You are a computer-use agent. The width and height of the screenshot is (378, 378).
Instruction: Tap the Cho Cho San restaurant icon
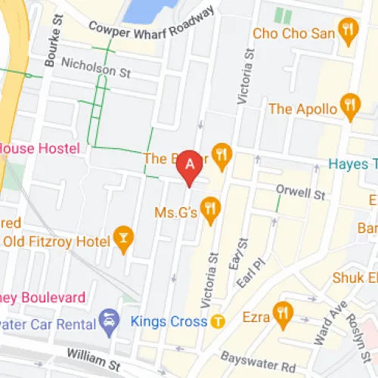point(349,33)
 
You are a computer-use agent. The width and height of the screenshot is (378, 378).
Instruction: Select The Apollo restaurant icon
point(349,107)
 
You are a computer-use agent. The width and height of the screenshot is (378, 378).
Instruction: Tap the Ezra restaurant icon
point(283,311)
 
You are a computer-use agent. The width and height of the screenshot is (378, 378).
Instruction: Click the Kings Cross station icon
point(218,321)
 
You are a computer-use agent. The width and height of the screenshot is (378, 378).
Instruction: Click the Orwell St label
point(300,193)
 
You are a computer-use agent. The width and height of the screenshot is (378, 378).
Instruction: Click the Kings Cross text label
point(169,321)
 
